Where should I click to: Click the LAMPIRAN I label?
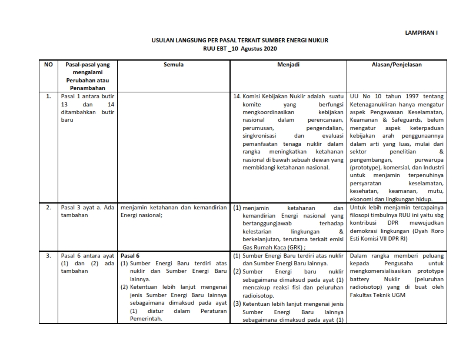pyautogui.click(x=421, y=34)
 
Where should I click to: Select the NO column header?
pyautogui.click(x=49, y=65)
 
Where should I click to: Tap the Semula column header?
pyautogui.click(x=173, y=65)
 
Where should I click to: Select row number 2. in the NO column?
pyautogui.click(x=48, y=208)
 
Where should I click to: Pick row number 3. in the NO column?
pyautogui.click(x=48, y=256)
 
